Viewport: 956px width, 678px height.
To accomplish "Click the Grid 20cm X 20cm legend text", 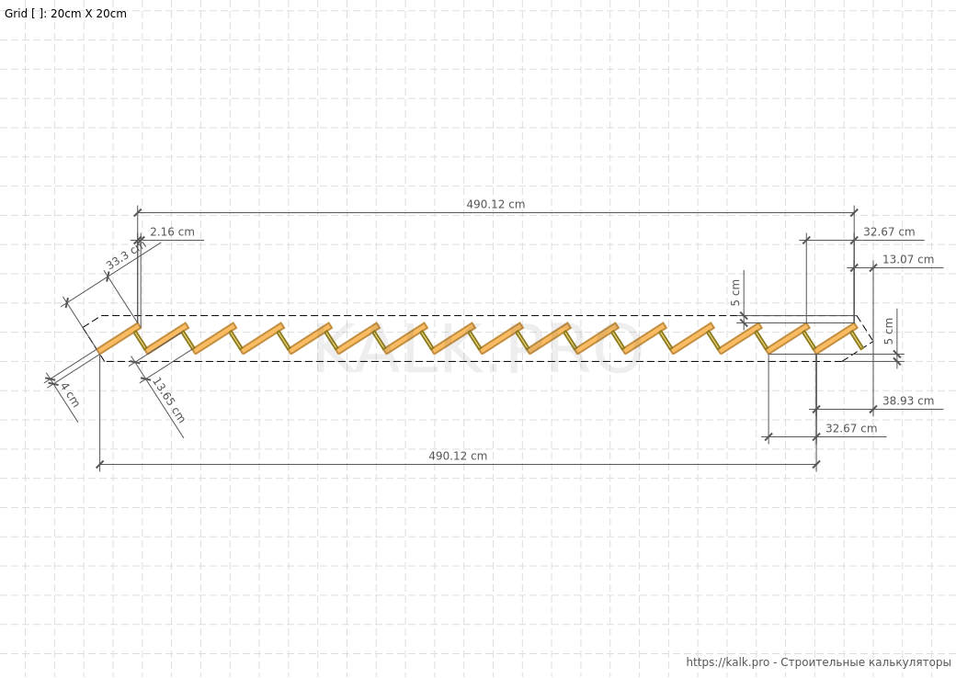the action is pyautogui.click(x=65, y=14).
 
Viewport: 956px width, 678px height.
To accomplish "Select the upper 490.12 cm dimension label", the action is pyautogui.click(x=495, y=204).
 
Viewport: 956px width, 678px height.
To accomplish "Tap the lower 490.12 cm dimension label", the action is pyautogui.click(x=458, y=456).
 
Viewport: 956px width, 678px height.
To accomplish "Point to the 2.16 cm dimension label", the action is pyautogui.click(x=172, y=232).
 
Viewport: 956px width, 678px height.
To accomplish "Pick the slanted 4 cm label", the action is pyautogui.click(x=70, y=395).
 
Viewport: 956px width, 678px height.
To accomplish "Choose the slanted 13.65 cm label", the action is pyautogui.click(x=168, y=401).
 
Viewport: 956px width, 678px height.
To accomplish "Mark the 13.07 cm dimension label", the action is pyautogui.click(x=908, y=259).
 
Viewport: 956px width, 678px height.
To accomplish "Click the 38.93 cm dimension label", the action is pyautogui.click(x=908, y=401).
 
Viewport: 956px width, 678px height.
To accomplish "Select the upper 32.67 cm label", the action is pyautogui.click(x=889, y=232).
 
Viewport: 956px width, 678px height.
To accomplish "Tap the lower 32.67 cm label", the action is pyautogui.click(x=851, y=428).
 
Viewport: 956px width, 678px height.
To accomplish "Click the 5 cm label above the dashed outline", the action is pyautogui.click(x=736, y=293).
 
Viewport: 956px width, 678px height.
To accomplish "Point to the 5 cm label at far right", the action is pyautogui.click(x=889, y=332).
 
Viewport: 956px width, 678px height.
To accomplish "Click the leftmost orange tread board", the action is pyautogui.click(x=119, y=339).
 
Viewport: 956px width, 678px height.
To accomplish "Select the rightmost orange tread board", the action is pyautogui.click(x=836, y=339).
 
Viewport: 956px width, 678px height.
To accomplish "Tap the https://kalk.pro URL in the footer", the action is pyautogui.click(x=728, y=662).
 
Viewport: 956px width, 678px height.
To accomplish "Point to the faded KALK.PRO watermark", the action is pyautogui.click(x=478, y=348).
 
